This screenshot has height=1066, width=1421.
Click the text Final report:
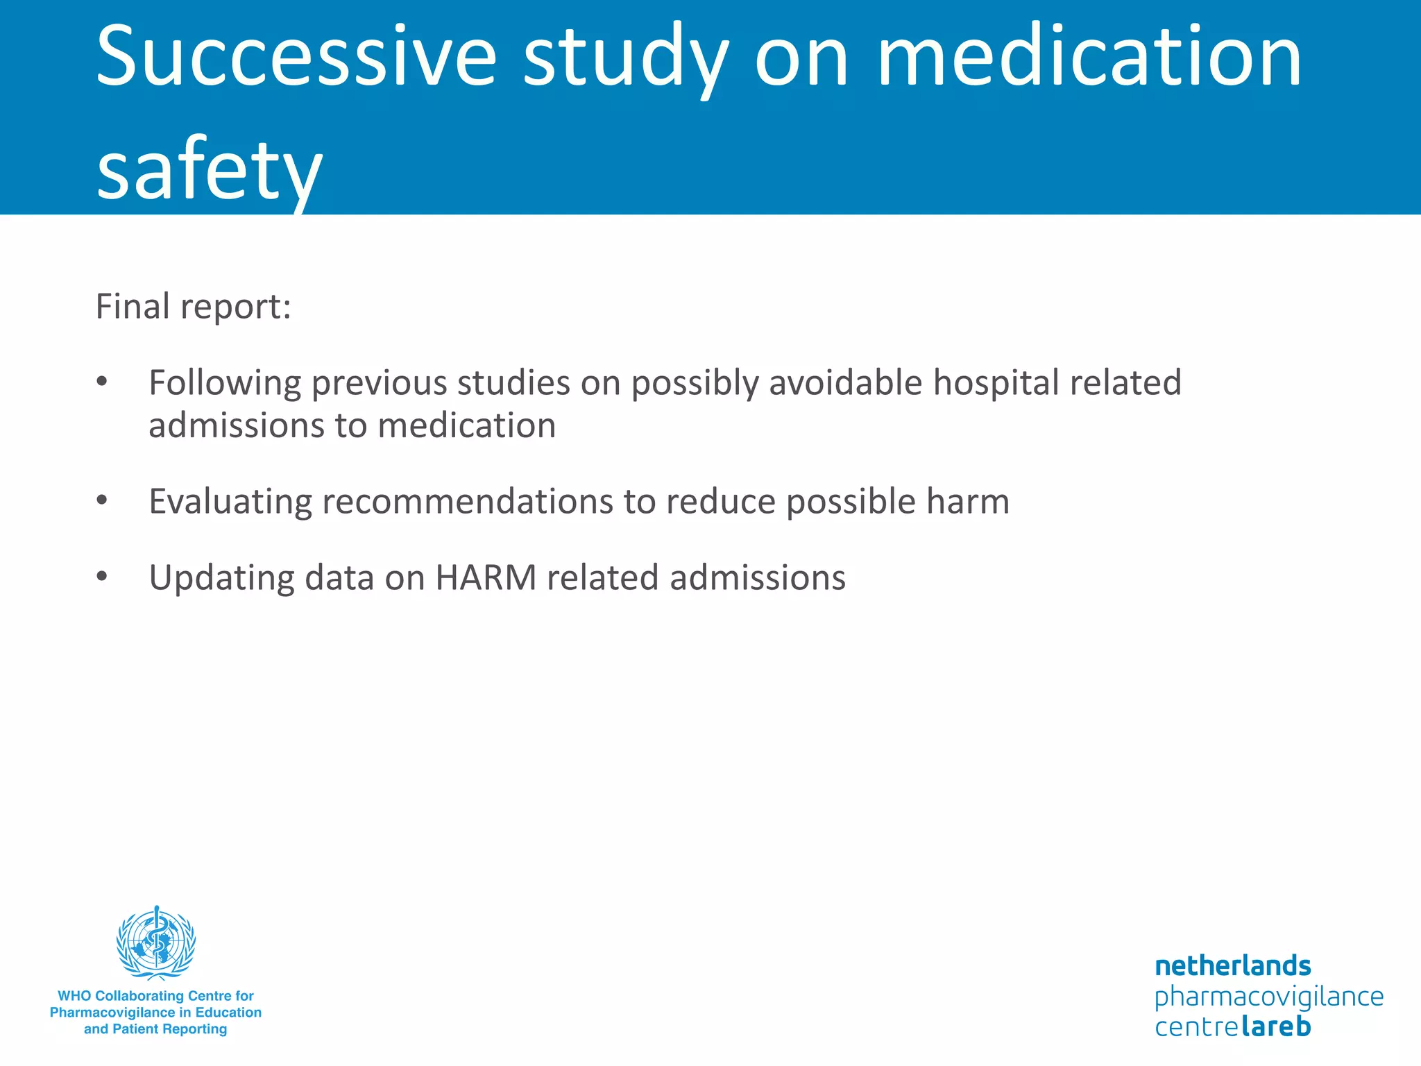tap(193, 307)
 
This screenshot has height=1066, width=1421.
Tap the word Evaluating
tap(230, 502)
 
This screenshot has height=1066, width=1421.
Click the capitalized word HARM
tap(486, 578)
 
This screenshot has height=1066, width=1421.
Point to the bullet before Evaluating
tap(102, 500)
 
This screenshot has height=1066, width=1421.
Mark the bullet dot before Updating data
tap(102, 576)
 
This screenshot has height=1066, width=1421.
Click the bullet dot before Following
tap(102, 381)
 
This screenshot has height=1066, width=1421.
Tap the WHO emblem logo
tap(156, 943)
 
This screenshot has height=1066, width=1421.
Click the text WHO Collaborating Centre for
tap(155, 996)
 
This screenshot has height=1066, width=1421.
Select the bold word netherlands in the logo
tap(1232, 965)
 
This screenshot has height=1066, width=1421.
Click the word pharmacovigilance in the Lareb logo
tap(1268, 997)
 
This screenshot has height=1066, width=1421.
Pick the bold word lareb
tap(1275, 1026)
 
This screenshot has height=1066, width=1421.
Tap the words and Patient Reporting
tap(155, 1029)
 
